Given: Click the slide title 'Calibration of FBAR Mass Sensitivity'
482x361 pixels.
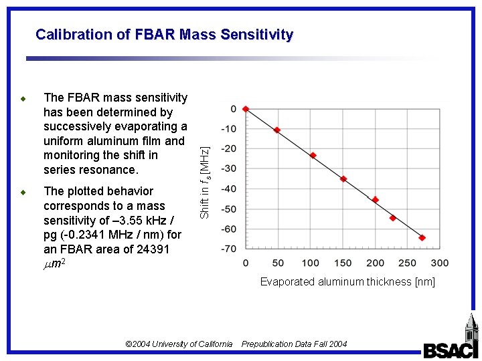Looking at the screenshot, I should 164,34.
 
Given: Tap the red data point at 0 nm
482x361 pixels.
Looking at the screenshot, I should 246,108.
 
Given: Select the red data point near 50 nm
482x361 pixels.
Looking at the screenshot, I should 277,130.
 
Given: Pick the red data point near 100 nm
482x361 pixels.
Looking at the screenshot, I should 313,155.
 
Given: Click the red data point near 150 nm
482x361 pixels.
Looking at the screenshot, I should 343,178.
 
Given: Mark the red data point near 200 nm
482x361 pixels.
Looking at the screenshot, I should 376,199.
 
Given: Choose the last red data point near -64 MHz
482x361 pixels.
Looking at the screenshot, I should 422,237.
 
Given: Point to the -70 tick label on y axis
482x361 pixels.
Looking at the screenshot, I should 229,249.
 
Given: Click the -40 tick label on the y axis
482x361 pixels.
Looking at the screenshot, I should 229,189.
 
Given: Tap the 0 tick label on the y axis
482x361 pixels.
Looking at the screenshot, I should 233,108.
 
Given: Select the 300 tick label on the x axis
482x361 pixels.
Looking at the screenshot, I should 440,263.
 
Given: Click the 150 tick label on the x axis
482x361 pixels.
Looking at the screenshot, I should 343,263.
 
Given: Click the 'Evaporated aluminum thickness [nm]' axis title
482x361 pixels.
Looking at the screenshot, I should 347,281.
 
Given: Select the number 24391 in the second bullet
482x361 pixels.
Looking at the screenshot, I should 151,249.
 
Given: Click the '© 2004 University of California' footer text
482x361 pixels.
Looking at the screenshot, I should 179,344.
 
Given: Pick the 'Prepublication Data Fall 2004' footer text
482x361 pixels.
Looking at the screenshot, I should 295,344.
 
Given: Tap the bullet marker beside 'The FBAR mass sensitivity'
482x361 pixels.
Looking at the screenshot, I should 23,99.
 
